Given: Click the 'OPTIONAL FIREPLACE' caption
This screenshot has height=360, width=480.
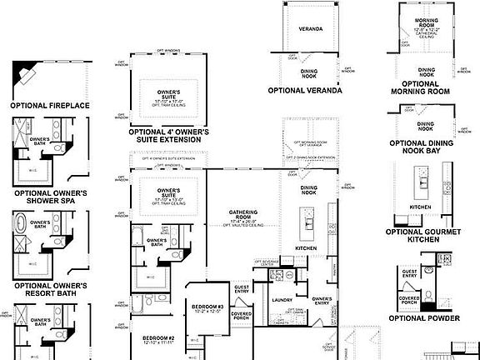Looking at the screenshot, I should (50, 106).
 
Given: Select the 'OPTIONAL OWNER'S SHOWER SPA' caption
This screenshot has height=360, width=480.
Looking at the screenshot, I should (51, 197).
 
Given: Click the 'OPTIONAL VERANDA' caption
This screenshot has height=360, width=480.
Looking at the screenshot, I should (305, 90).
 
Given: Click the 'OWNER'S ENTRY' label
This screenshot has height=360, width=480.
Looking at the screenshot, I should (322, 301).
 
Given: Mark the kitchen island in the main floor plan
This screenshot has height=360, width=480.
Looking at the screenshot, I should (307, 224).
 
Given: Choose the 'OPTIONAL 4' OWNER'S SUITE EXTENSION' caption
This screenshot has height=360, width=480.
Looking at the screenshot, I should (169, 136).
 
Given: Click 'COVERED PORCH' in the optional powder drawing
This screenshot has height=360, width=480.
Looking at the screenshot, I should (409, 301).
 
